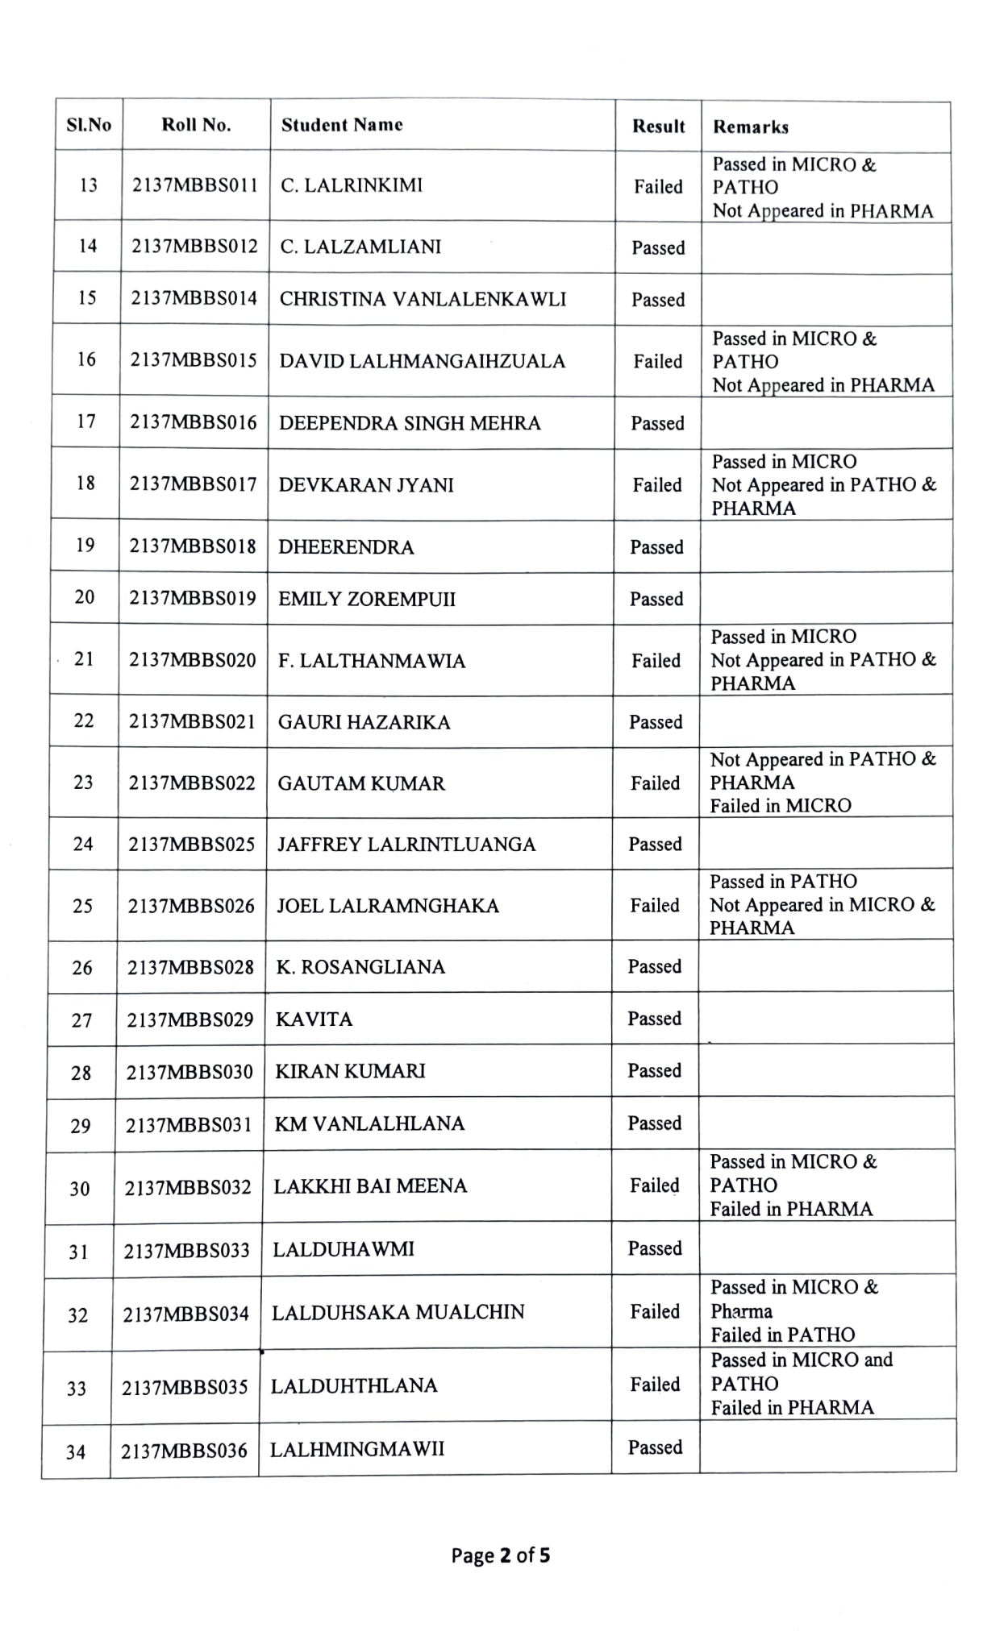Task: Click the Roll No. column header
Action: click(x=196, y=125)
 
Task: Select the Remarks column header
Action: click(x=751, y=127)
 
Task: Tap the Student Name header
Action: click(x=342, y=125)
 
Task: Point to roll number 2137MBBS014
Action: click(x=194, y=298)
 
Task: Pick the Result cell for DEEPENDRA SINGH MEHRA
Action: click(x=657, y=423)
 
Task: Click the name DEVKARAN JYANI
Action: click(x=366, y=485)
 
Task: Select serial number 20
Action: click(x=85, y=597)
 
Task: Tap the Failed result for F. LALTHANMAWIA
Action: click(x=656, y=661)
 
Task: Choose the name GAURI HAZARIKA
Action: click(x=364, y=722)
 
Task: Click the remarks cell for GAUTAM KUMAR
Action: click(x=823, y=783)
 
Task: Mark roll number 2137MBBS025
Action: click(x=192, y=845)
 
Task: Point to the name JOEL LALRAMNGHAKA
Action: click(x=388, y=906)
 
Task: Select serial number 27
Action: click(x=82, y=1020)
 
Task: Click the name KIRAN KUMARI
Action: click(x=350, y=1071)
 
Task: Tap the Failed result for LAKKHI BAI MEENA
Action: click(x=655, y=1185)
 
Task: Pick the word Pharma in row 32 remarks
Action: click(x=741, y=1311)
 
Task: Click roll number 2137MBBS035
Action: click(x=185, y=1388)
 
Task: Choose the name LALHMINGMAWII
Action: click(x=357, y=1450)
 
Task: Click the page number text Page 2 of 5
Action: click(x=501, y=1555)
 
